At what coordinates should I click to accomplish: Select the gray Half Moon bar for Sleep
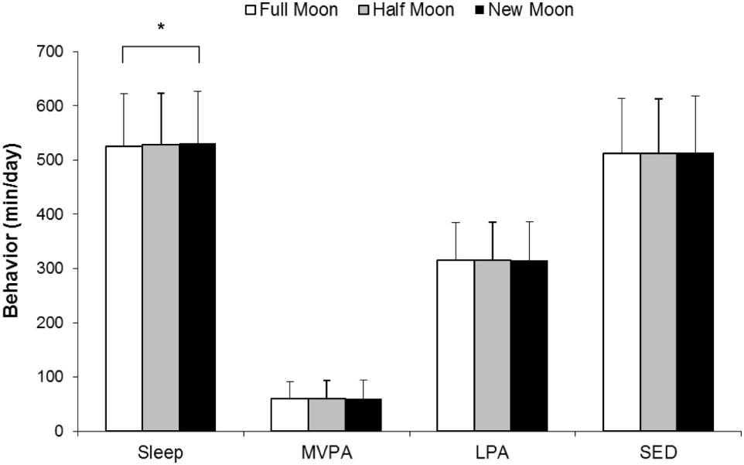tap(161, 287)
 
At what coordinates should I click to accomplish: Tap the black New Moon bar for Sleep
tap(197, 286)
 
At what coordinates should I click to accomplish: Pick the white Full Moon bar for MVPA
tap(289, 415)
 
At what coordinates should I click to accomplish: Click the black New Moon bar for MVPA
tap(363, 415)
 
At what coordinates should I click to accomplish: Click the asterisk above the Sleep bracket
tap(161, 29)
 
